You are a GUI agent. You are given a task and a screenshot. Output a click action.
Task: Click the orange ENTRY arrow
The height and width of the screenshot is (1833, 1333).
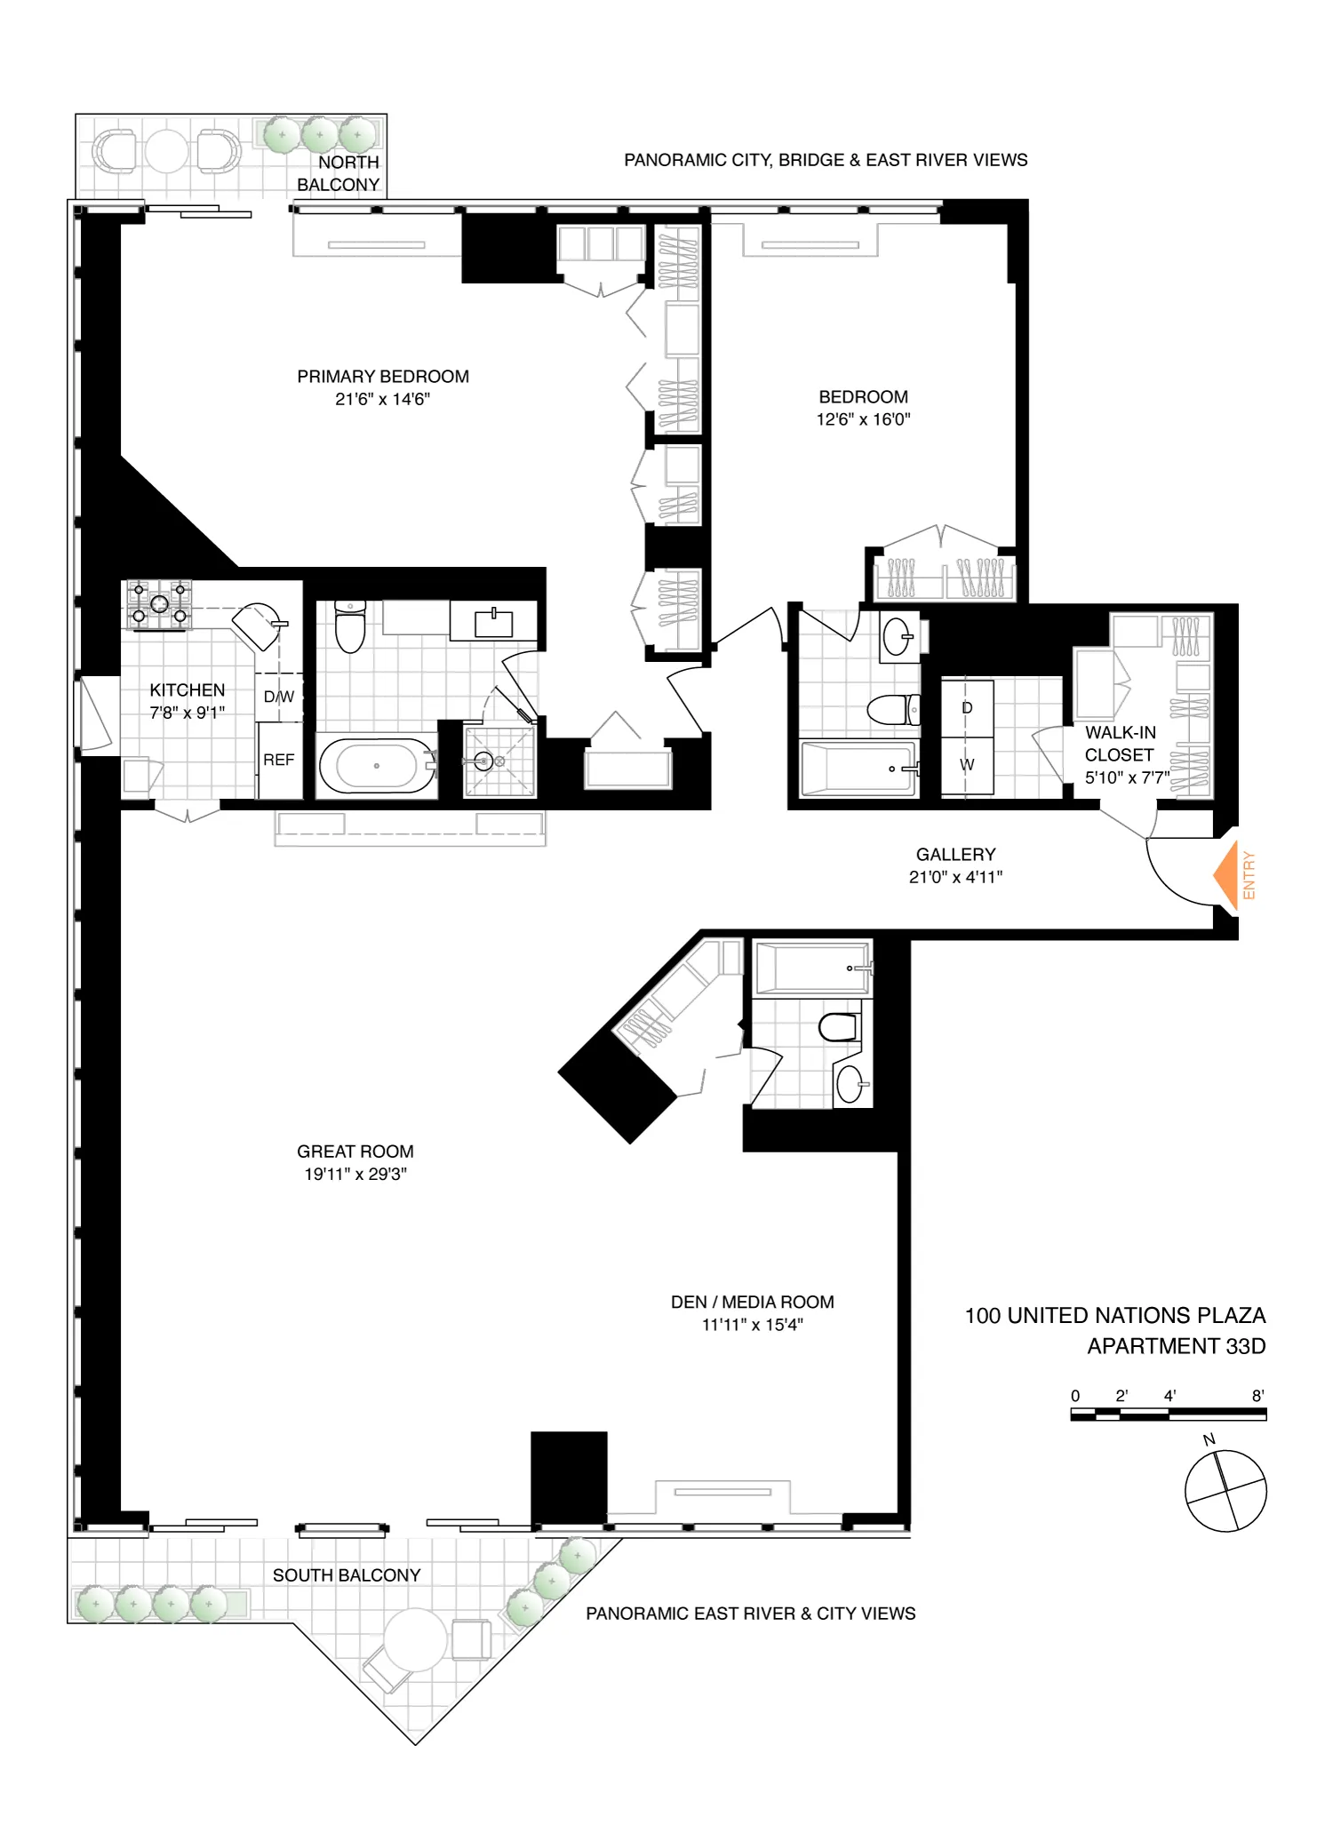(1226, 875)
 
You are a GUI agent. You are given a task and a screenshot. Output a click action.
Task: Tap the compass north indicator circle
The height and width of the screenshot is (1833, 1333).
(1225, 1491)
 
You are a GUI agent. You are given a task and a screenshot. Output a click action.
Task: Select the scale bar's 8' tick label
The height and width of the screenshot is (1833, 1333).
(1257, 1396)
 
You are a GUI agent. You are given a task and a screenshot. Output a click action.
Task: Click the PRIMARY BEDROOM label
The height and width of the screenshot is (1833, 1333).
(383, 377)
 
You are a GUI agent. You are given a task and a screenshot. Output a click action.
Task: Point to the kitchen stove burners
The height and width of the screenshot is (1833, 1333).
(159, 604)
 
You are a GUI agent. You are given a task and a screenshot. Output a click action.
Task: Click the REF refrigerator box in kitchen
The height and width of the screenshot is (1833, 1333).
(279, 761)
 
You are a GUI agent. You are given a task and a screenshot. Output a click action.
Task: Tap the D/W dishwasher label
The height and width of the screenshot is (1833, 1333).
(279, 697)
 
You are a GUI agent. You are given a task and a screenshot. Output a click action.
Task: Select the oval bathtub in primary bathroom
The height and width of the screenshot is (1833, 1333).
(377, 766)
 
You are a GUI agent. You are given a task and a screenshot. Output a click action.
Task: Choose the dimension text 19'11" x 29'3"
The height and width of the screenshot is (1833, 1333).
(355, 1174)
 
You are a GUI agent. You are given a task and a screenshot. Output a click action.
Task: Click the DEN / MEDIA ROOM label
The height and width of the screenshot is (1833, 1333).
(752, 1302)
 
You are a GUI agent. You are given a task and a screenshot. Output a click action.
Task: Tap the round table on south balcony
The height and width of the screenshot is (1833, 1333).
(415, 1639)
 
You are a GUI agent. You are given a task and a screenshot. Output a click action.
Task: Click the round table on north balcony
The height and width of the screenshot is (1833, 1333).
(166, 151)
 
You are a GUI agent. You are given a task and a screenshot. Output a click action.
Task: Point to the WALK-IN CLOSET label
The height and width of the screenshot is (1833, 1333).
(1120, 744)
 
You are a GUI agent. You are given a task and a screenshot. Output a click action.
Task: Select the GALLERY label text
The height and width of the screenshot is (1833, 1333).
(955, 854)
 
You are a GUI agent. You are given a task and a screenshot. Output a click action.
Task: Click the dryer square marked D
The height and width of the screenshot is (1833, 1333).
(967, 708)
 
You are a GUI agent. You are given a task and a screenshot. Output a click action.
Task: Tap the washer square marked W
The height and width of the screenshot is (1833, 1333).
(967, 765)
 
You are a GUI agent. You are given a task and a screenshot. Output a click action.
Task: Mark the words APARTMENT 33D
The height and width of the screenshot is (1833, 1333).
(1176, 1346)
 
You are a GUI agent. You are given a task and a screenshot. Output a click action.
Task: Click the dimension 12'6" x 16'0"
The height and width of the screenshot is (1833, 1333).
(863, 419)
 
